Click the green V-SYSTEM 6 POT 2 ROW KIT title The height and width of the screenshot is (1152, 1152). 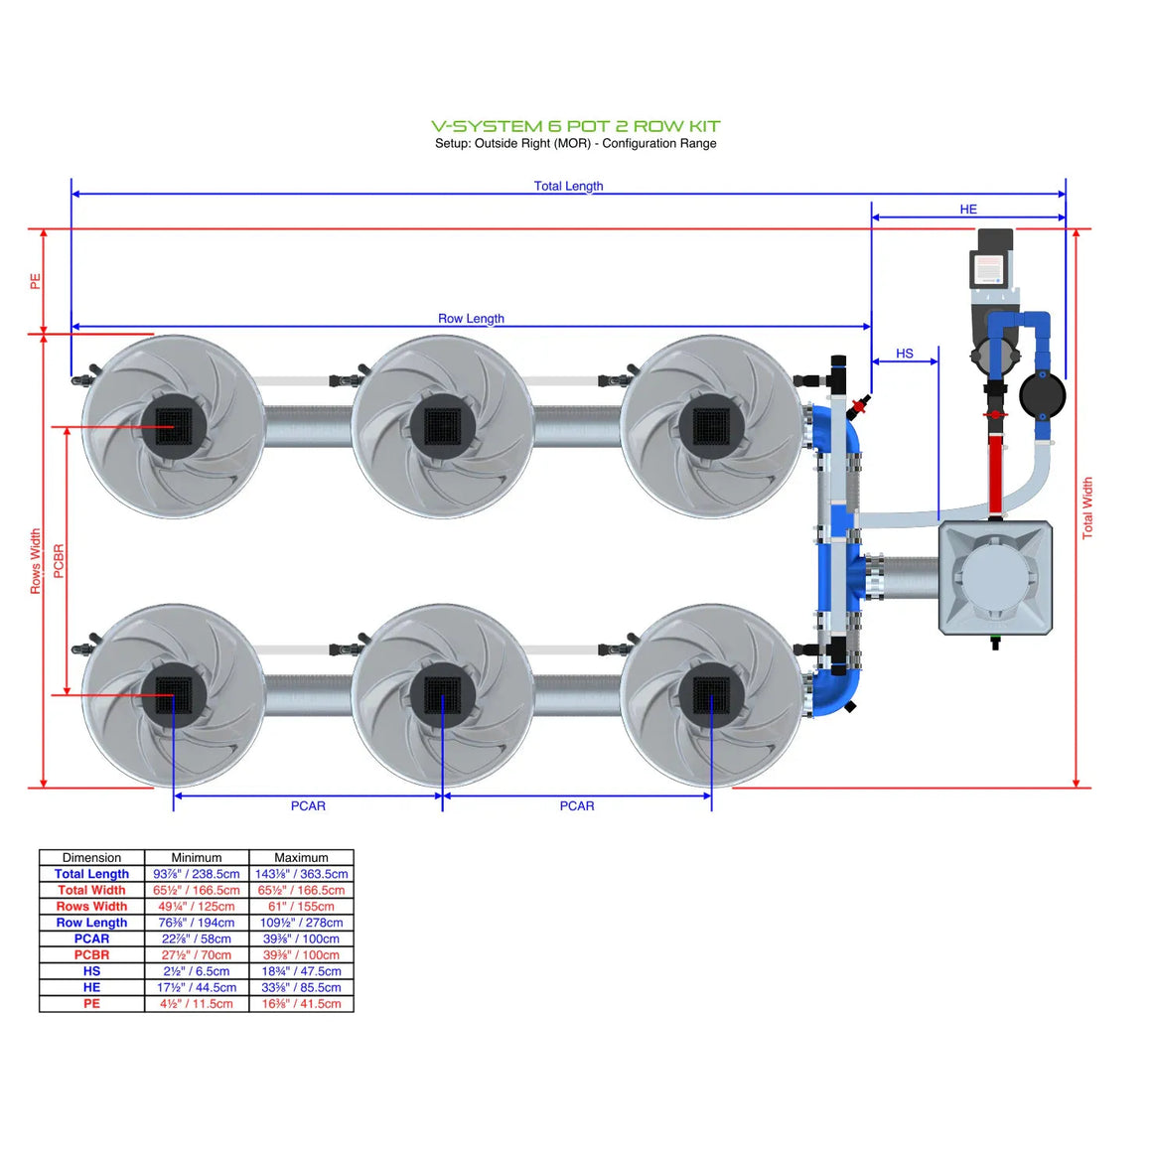coord(575,126)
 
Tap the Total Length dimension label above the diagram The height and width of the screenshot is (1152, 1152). coord(568,186)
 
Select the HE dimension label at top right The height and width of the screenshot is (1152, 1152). coord(968,210)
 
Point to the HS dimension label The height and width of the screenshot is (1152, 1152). coord(904,354)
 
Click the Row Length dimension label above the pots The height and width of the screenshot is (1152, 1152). coord(471,319)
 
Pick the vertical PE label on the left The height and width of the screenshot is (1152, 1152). coord(36,282)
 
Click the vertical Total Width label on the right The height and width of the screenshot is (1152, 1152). coord(1087,507)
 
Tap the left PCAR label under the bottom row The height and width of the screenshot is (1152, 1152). coord(308,805)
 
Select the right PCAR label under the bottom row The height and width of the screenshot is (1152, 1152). coord(577,805)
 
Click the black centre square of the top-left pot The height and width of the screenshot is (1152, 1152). coord(173,426)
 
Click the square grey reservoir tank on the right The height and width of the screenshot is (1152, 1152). coord(995,578)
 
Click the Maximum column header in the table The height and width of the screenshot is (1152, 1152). coord(301,857)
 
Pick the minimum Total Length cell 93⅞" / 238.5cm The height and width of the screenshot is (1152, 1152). coord(197,874)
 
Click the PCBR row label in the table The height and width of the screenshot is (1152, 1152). coord(91,954)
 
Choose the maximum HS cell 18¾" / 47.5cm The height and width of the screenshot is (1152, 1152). coord(301,971)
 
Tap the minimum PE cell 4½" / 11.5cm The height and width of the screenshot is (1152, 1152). coord(197,1004)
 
